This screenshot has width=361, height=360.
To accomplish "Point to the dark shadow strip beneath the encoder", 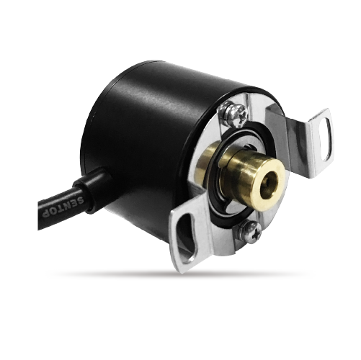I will click(x=180, y=274).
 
